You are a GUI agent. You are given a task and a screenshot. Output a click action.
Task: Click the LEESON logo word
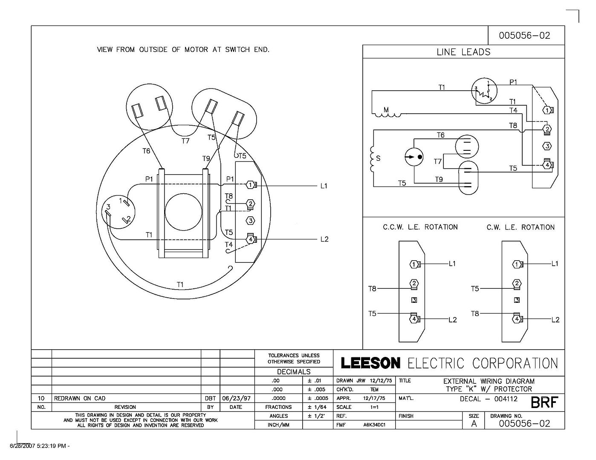[370, 363]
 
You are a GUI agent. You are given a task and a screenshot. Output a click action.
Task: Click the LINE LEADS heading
[463, 52]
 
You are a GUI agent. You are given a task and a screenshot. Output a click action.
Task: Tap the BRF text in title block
[544, 402]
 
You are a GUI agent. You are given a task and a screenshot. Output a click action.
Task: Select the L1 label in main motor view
[324, 186]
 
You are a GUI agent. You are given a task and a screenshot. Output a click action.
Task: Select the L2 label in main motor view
[324, 239]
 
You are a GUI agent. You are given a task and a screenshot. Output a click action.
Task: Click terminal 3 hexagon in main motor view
[251, 221]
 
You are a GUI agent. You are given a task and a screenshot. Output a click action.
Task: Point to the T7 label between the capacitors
[185, 141]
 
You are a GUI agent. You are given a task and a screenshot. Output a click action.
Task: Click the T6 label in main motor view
[146, 151]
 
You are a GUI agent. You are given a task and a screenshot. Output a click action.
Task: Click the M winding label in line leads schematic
[386, 109]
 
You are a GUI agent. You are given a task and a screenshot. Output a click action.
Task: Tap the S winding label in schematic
[378, 158]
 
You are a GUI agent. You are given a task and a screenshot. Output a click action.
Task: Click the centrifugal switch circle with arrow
[414, 157]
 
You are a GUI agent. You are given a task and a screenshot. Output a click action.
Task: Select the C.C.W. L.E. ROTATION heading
[420, 227]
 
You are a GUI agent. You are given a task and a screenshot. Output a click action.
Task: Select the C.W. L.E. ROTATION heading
[521, 227]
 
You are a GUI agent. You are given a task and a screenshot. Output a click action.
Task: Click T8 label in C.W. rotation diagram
[475, 313]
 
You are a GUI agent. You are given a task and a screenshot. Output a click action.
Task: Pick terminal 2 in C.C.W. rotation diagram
[414, 283]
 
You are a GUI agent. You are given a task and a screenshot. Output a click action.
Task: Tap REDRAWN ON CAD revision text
[80, 398]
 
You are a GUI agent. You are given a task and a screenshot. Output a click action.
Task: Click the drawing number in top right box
[524, 35]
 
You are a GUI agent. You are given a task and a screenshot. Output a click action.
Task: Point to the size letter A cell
[474, 423]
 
